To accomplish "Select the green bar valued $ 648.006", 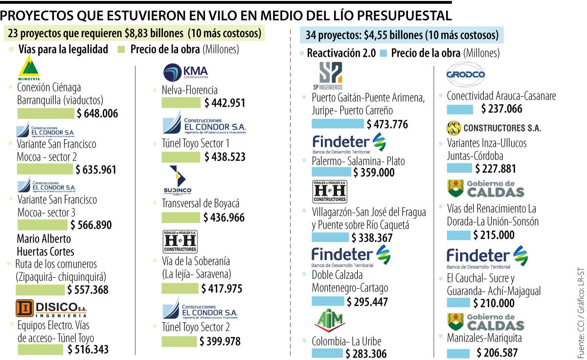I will click(46, 113).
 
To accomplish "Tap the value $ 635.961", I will click(96, 170).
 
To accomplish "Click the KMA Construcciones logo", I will click(185, 72).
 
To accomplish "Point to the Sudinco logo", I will click(178, 180).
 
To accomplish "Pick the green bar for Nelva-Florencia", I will click(181, 103).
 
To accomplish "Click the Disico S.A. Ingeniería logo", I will click(51, 308).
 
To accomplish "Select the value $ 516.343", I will click(88, 349).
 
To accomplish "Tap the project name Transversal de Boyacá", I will click(201, 203).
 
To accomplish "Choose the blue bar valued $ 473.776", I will click(338, 124).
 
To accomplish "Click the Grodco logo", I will click(465, 75).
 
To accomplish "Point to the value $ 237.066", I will click(501, 109).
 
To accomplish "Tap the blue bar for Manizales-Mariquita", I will click(458, 352).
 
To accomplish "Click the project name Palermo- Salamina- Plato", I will click(358, 160).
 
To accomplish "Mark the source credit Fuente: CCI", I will click(581, 332).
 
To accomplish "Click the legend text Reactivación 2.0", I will click(341, 53).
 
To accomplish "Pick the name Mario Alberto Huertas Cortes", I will click(45, 245).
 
